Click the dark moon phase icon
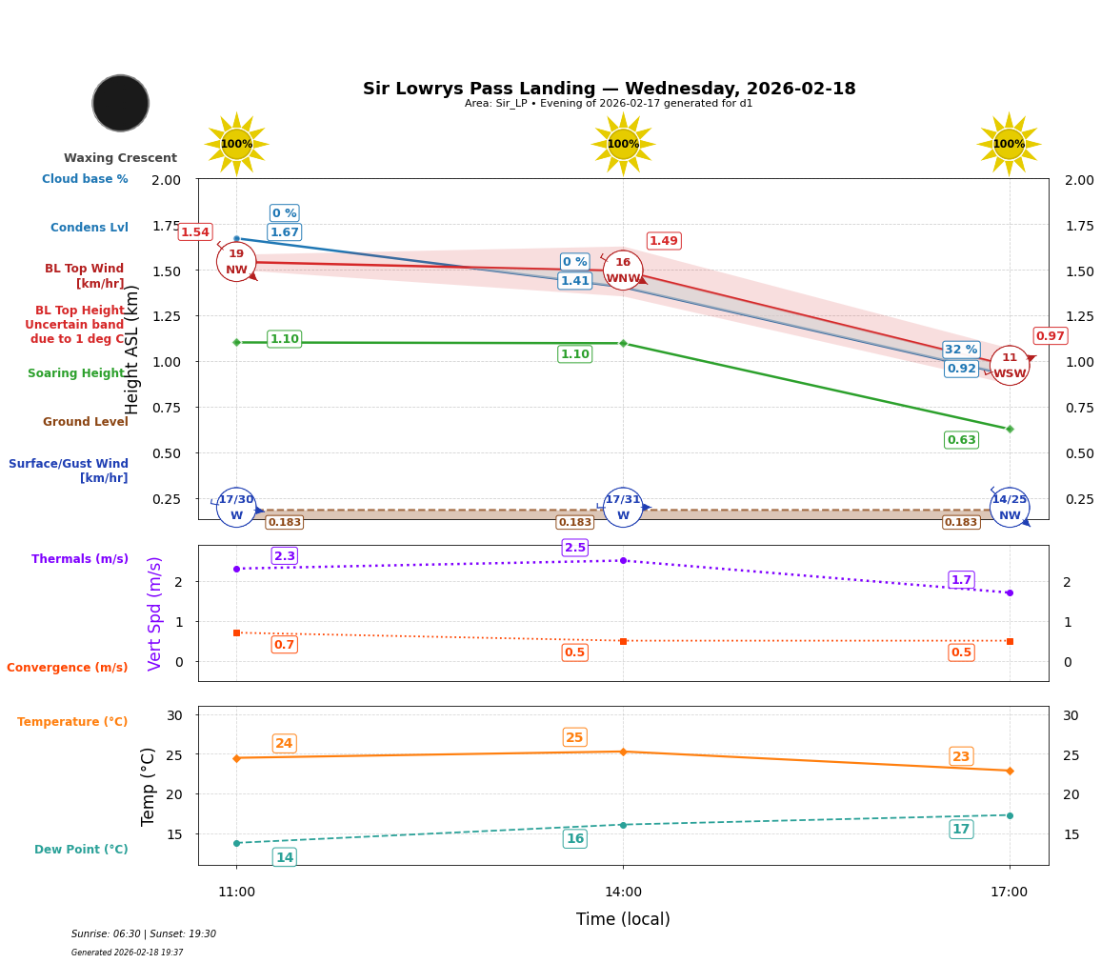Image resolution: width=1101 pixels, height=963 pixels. click(121, 103)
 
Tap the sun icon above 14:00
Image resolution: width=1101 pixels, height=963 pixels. click(623, 144)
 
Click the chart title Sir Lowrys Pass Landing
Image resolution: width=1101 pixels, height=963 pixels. click(609, 89)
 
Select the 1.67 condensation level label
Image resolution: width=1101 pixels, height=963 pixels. click(284, 232)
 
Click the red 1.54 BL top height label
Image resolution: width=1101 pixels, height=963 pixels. click(194, 232)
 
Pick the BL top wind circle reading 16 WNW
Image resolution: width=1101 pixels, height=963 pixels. click(623, 271)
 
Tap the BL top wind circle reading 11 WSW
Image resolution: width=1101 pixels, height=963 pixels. click(1009, 366)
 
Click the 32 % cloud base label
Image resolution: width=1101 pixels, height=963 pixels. click(960, 350)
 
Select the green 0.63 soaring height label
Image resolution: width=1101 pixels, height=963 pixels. click(961, 440)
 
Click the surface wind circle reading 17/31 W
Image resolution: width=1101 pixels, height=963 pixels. click(623, 507)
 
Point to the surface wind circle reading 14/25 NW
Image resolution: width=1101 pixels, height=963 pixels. click(1009, 507)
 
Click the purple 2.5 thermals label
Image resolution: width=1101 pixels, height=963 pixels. click(574, 548)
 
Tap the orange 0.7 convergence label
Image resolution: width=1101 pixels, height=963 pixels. click(284, 645)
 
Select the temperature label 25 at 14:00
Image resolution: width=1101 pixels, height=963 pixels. click(574, 737)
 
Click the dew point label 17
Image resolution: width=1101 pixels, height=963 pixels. click(961, 830)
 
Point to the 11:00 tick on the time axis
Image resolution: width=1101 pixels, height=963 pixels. click(236, 893)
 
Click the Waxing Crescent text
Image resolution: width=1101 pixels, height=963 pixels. click(120, 158)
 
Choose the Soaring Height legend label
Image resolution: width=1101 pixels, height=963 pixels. click(77, 373)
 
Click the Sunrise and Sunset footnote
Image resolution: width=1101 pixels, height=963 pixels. click(144, 934)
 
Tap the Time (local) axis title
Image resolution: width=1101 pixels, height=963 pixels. click(623, 919)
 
